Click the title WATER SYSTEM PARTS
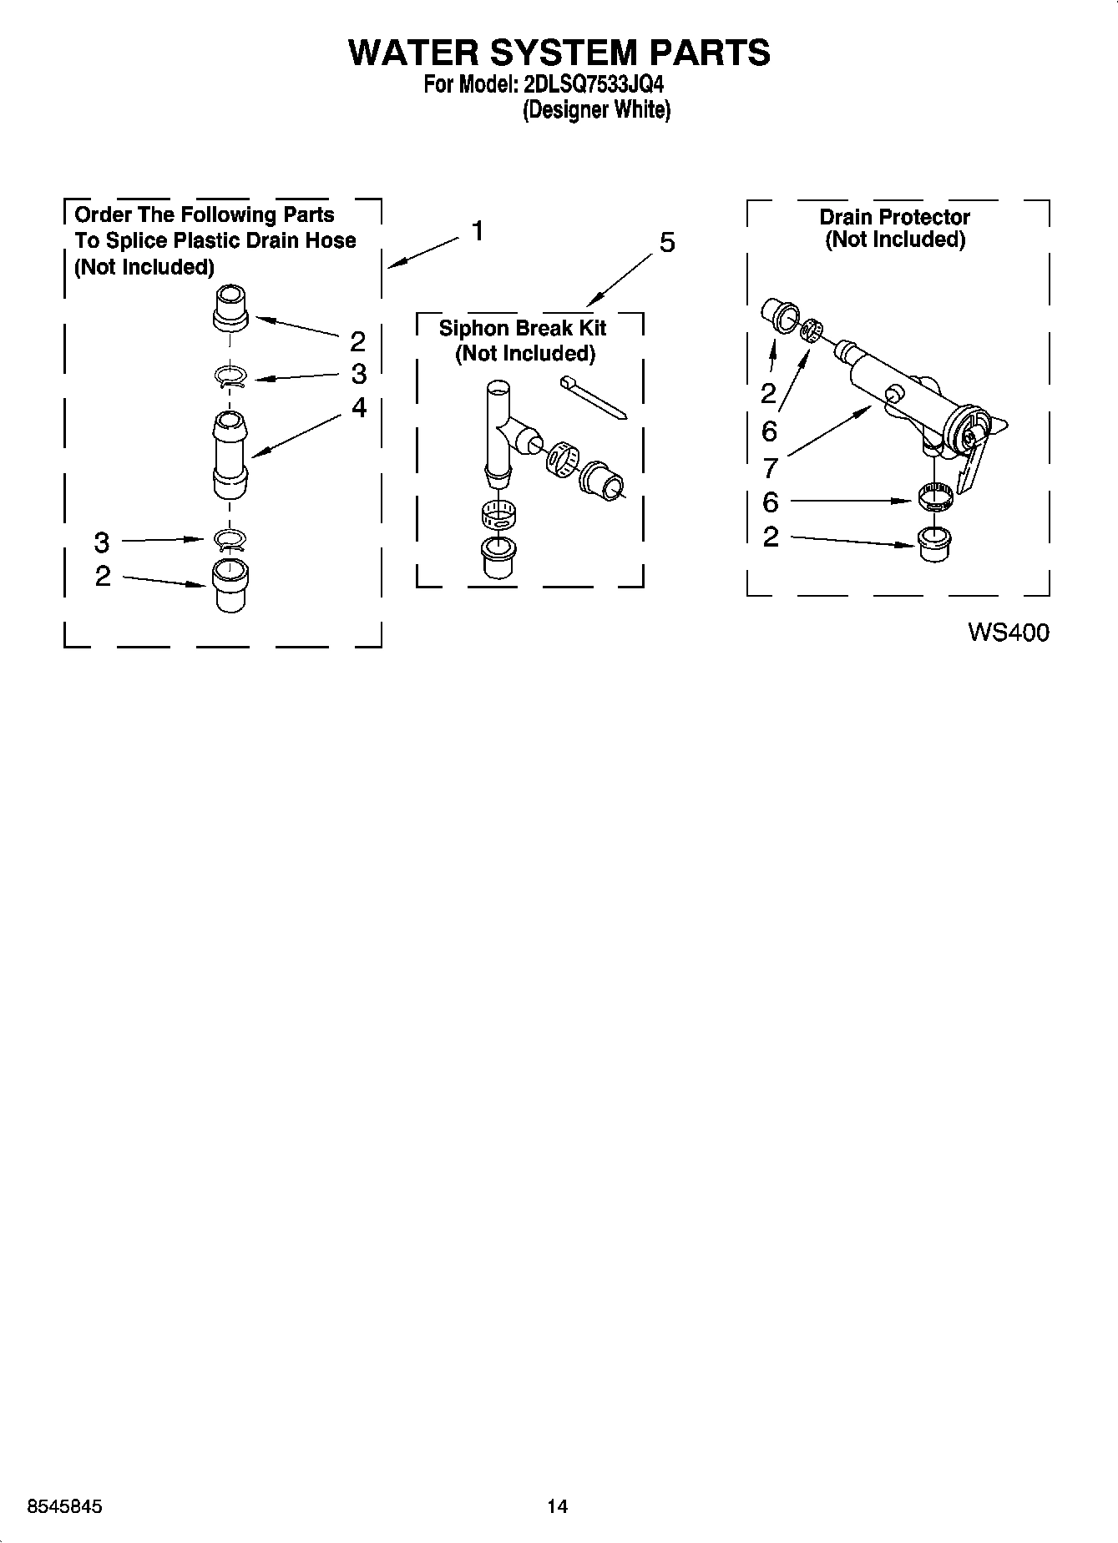pos(559,52)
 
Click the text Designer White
pos(596,109)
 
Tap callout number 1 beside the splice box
pos(478,231)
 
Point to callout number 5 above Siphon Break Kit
pos(667,243)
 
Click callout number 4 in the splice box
pos(359,407)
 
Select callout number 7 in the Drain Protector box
pos(770,467)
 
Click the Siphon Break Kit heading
pos(523,328)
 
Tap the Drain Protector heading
pos(894,217)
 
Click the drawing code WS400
pos(1008,633)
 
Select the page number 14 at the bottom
pos(557,1506)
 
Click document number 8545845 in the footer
pos(65,1506)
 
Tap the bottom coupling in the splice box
pos(230,585)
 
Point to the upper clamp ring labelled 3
pos(230,378)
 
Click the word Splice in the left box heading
pos(137,241)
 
